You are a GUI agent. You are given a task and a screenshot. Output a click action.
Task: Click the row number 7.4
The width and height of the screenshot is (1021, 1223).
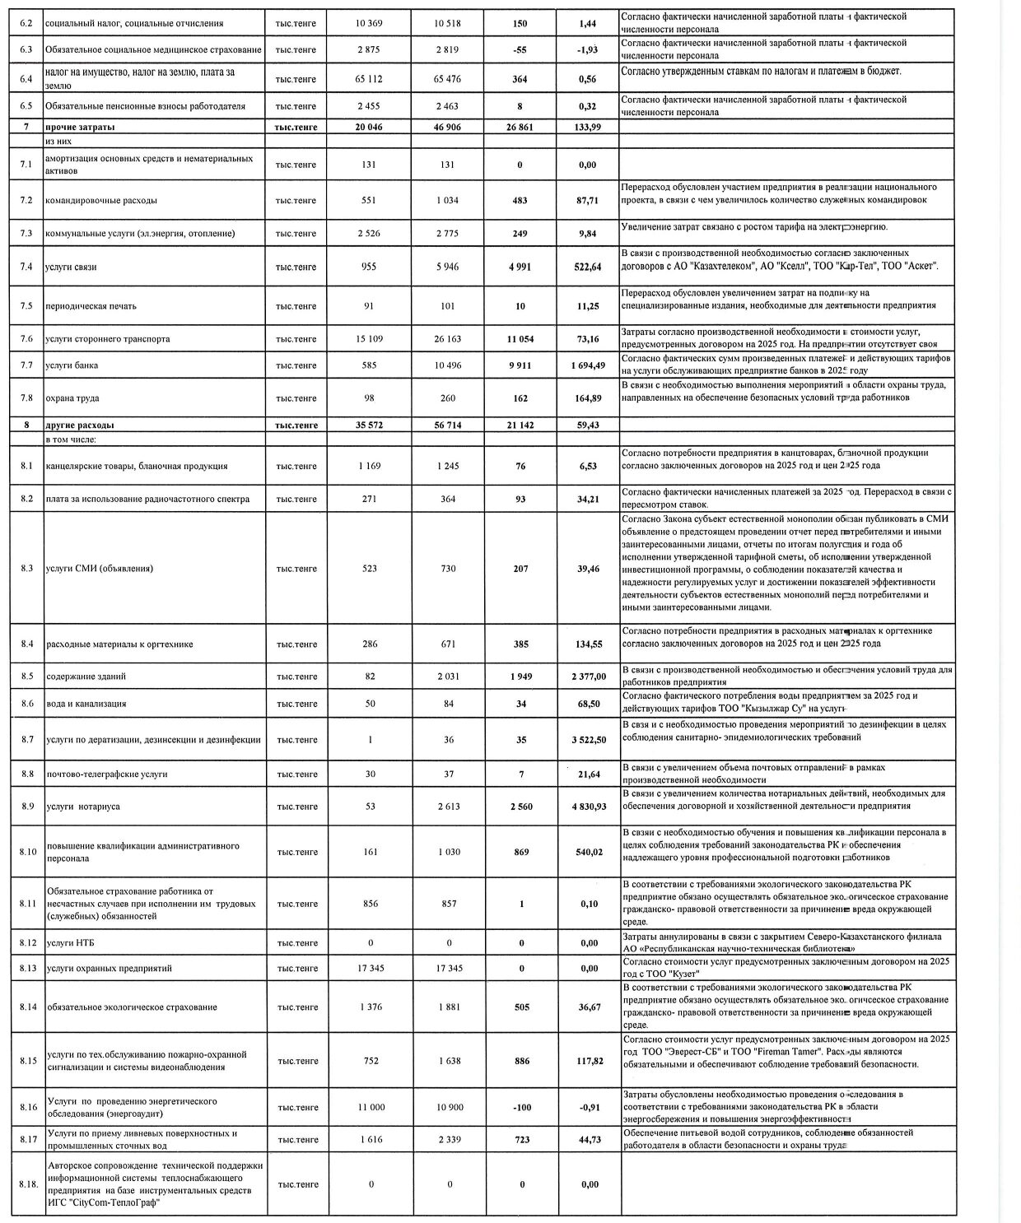point(26,267)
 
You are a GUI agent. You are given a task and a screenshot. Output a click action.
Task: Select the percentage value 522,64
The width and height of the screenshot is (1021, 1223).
point(589,267)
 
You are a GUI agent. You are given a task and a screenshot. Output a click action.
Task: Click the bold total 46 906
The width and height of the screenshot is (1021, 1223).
point(447,128)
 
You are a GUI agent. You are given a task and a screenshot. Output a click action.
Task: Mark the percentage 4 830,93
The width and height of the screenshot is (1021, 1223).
point(589,807)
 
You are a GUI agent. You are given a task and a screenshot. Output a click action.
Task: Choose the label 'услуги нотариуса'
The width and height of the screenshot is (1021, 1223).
point(83,807)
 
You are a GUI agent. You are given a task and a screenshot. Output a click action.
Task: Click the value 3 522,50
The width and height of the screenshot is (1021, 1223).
point(589,740)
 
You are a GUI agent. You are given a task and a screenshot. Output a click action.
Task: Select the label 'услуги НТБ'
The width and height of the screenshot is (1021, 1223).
point(66,942)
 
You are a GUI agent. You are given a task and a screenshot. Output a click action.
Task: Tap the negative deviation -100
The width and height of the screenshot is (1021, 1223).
point(521,1107)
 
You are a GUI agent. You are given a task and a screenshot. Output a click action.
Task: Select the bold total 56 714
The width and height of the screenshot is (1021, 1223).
point(447,425)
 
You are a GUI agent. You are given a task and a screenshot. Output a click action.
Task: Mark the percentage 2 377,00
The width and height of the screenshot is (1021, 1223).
point(589,677)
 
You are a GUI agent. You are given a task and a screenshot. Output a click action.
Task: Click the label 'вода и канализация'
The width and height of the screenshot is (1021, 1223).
point(86,704)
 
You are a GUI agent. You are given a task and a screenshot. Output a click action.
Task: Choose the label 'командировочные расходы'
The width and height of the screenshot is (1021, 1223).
point(101,201)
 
